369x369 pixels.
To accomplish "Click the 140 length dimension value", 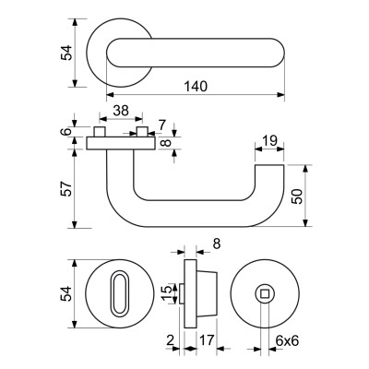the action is pos(196,87).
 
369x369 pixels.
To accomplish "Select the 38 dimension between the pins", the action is pos(121,111).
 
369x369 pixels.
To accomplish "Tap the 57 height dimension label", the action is pos(66,188).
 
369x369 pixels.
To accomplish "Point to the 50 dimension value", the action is pos(297,196).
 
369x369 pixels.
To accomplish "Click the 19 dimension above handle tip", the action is pos(269,140).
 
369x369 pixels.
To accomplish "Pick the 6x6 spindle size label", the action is pos(287,340).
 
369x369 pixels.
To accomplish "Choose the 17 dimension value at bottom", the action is pos(207,340).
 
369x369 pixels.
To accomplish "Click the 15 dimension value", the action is pos(166,294).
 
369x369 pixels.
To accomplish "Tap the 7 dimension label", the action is pos(162,125).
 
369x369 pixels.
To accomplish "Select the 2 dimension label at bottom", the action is pos(170,340).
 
